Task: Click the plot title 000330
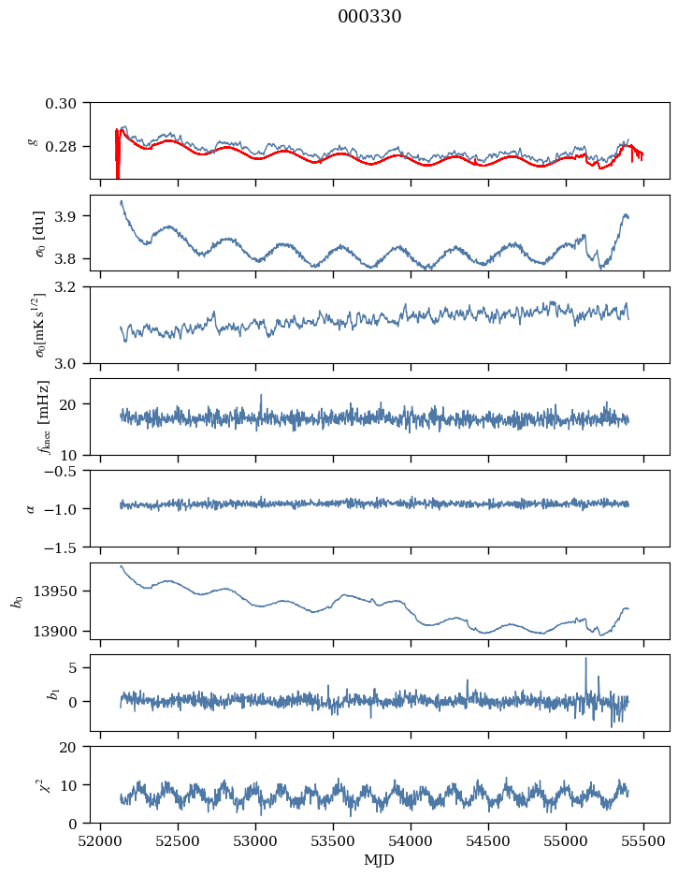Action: pyautogui.click(x=369, y=17)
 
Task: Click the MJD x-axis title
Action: pyautogui.click(x=380, y=859)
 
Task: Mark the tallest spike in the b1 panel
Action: pyautogui.click(x=586, y=659)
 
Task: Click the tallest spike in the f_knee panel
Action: pyautogui.click(x=261, y=396)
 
